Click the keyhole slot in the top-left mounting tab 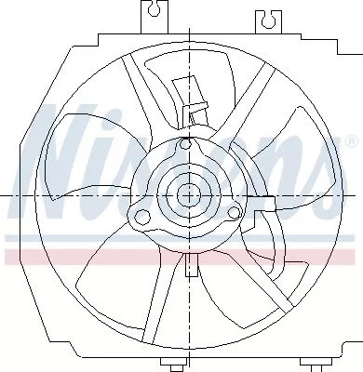click(x=150, y=14)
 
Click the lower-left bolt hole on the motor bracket click(x=143, y=218)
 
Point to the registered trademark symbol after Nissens click(x=350, y=140)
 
